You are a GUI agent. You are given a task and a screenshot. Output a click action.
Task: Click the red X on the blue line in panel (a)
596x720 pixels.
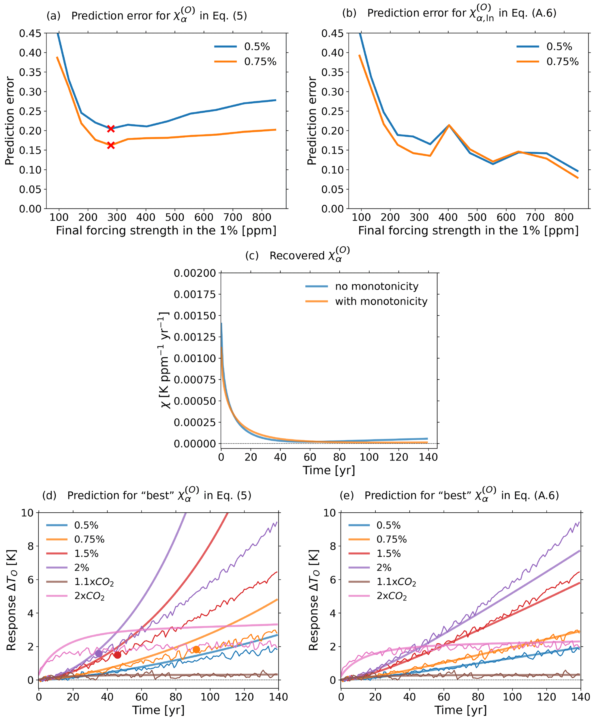(110, 128)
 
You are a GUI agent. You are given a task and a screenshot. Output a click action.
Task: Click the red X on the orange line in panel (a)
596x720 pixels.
(110, 145)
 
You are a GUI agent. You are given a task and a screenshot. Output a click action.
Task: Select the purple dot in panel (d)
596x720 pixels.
(99, 653)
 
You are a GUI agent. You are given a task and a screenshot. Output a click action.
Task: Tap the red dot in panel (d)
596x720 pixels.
(117, 655)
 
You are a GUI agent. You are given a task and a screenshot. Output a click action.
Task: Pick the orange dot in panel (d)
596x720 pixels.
(196, 649)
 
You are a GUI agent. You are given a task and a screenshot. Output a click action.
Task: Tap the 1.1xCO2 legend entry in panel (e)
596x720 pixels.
(396, 582)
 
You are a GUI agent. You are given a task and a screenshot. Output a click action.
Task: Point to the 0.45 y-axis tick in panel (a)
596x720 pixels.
(30, 33)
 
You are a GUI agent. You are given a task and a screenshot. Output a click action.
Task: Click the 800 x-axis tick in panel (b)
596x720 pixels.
(564, 217)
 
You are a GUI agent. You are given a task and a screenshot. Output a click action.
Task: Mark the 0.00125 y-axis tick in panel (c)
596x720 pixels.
(195, 337)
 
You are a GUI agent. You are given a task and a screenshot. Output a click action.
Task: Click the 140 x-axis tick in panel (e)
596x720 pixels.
(580, 697)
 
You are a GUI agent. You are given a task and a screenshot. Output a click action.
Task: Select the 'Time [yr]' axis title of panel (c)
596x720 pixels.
(328, 470)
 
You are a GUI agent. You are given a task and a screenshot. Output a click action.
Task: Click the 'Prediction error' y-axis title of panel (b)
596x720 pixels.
(312, 121)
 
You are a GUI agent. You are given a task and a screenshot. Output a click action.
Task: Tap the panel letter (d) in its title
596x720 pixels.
(49, 495)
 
